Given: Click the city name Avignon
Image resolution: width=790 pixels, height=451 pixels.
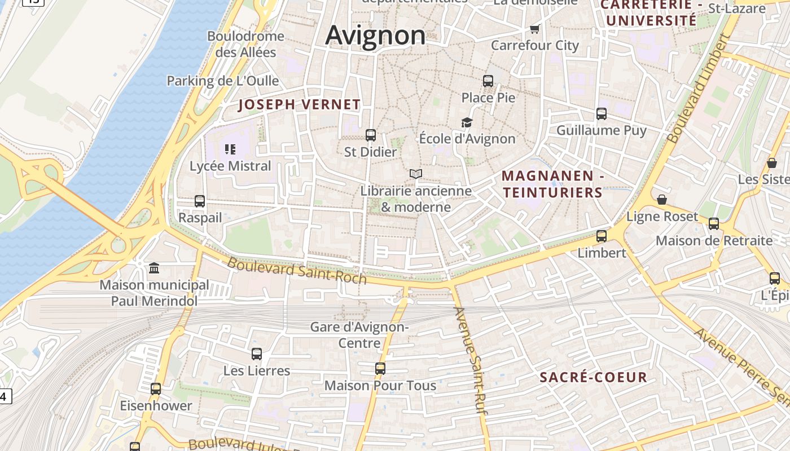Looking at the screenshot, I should pos(375,35).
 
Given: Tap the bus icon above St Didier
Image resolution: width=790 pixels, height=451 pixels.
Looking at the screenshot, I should pos(371,135).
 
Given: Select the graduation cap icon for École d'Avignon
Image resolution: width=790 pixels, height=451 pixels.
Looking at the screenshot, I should pos(467,122).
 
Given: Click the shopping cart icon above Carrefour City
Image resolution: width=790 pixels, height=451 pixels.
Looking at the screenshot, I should pos(534,29).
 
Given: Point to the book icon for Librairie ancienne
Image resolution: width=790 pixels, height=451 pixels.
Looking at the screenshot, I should pos(416,174).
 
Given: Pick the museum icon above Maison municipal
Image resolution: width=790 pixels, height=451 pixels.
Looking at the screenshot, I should pos(154,268).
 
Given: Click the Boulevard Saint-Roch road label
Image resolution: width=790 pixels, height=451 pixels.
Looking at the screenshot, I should pos(297,271).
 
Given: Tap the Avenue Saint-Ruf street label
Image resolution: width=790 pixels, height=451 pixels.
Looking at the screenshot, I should pos(471,361).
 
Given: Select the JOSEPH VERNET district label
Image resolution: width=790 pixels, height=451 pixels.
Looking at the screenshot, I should pos(299,104).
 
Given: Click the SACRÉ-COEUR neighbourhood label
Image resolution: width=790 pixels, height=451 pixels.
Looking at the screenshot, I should pos(593,377).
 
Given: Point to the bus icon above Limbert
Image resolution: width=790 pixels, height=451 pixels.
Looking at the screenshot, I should pos(602,236).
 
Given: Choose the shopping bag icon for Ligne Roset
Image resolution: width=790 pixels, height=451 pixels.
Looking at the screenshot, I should pos(662,200).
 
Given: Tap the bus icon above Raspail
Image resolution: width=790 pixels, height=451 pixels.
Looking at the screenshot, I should pos(200,201).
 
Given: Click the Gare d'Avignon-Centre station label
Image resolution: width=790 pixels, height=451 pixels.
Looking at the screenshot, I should pos(359,334).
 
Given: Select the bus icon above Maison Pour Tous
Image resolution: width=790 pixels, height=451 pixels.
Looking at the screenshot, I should pos(380,369).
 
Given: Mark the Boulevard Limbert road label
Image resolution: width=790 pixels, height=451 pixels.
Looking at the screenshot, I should pos(699,89).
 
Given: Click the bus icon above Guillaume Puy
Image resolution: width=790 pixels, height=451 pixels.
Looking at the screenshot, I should pos(602,113).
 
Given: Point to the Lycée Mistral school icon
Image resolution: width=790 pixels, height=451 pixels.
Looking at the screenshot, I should pos(230,149).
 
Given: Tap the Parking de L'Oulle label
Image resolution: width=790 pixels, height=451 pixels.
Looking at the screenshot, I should pos(222,81).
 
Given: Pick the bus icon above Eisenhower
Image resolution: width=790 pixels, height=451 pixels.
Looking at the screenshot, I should pos(156,388).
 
